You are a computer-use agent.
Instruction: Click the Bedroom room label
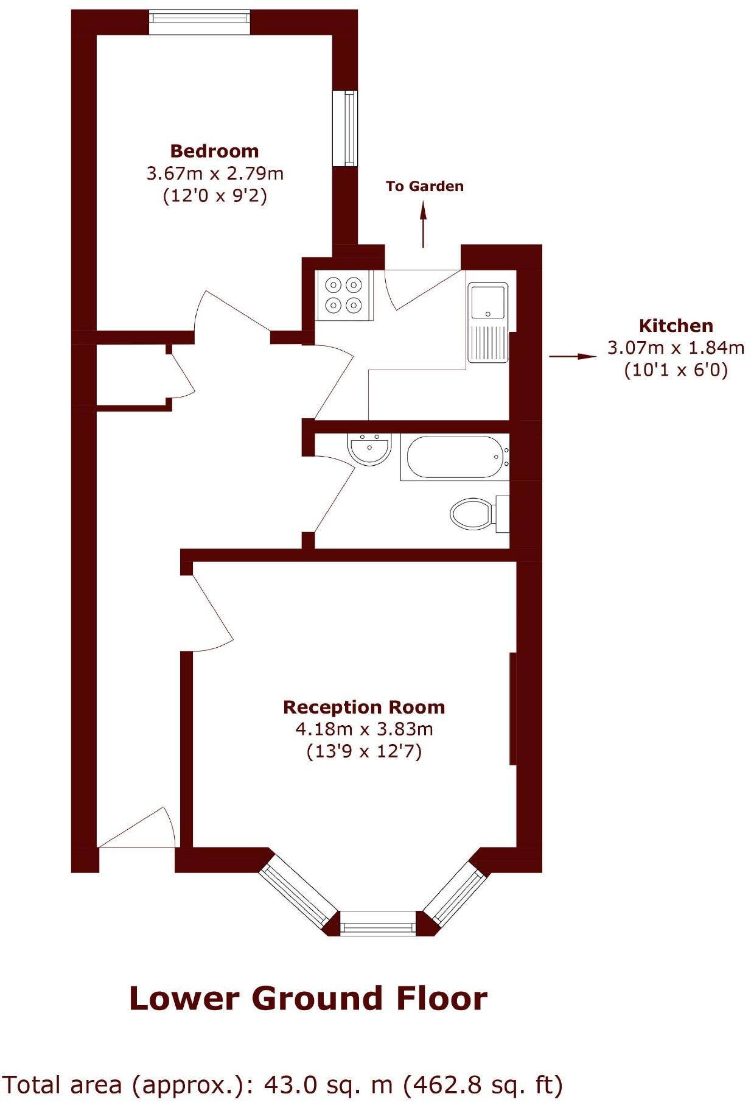[x=214, y=151]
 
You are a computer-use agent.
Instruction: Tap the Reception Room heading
[x=364, y=707]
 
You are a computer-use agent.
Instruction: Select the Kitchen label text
[x=676, y=326]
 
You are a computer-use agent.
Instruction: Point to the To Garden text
[x=424, y=186]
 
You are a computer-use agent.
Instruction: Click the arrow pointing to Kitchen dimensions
[x=573, y=356]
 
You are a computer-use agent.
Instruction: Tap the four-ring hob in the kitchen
[x=344, y=295]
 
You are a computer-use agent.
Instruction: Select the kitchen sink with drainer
[x=487, y=323]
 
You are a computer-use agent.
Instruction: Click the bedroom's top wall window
[x=200, y=22]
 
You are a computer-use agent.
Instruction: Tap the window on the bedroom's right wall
[x=349, y=128]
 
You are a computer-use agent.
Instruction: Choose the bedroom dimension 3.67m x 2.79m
[x=215, y=174]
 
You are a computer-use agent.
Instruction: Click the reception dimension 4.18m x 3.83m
[x=364, y=729]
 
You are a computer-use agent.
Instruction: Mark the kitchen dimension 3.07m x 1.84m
[x=676, y=348]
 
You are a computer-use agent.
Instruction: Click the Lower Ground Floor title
[x=308, y=999]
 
